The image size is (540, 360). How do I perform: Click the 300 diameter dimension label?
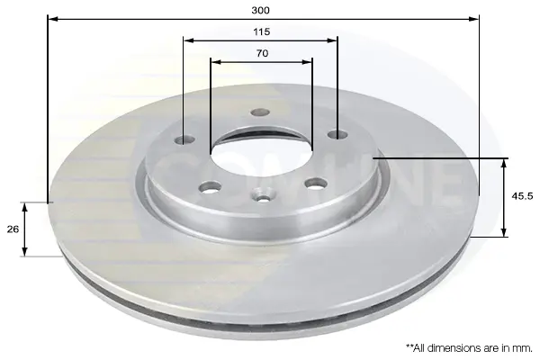260,10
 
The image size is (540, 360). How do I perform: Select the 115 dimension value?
261,32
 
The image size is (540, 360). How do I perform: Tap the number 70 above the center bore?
262,53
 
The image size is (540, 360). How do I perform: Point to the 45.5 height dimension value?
522,196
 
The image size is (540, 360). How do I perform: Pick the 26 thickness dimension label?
13,229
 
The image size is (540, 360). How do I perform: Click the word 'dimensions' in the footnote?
456,348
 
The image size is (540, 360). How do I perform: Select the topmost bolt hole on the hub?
260,112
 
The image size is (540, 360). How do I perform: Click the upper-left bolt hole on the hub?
184,139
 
